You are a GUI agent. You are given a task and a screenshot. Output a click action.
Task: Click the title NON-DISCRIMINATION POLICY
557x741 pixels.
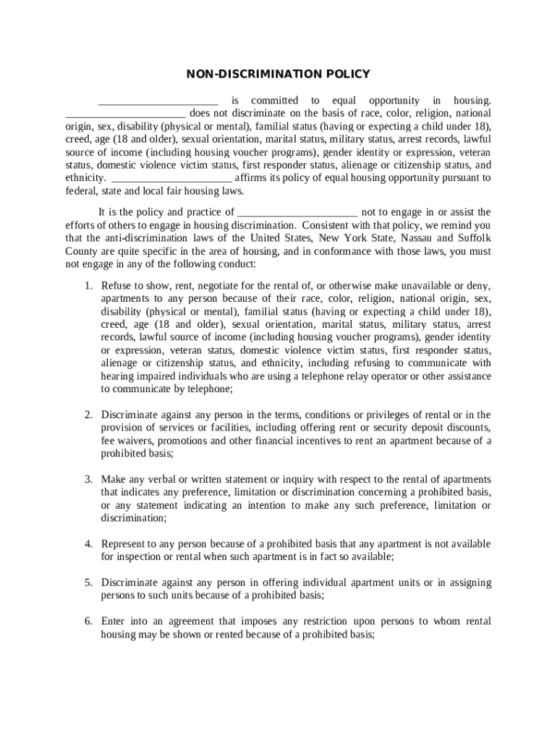(278, 74)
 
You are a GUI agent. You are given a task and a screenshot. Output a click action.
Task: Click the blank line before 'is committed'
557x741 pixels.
(158, 101)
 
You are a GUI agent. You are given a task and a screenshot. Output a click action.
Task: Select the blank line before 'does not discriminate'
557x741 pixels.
(126, 114)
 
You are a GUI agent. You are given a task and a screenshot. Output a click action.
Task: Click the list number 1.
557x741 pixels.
(88, 286)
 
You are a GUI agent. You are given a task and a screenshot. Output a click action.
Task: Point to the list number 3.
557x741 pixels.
(88, 480)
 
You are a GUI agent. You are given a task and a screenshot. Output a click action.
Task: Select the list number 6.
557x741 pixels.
(88, 622)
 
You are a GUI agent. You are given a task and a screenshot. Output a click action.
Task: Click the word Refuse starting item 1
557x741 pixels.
(116, 286)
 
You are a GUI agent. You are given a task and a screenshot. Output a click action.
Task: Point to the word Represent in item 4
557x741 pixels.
(124, 544)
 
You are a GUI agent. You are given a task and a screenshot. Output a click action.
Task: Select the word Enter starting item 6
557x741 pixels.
(113, 622)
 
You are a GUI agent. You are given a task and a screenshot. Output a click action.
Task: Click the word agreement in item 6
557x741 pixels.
(184, 622)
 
